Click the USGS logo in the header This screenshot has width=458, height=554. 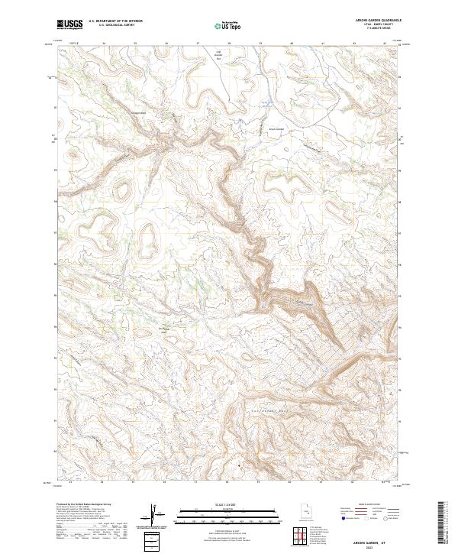coord(69,24)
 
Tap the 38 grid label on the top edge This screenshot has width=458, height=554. coord(228,44)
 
